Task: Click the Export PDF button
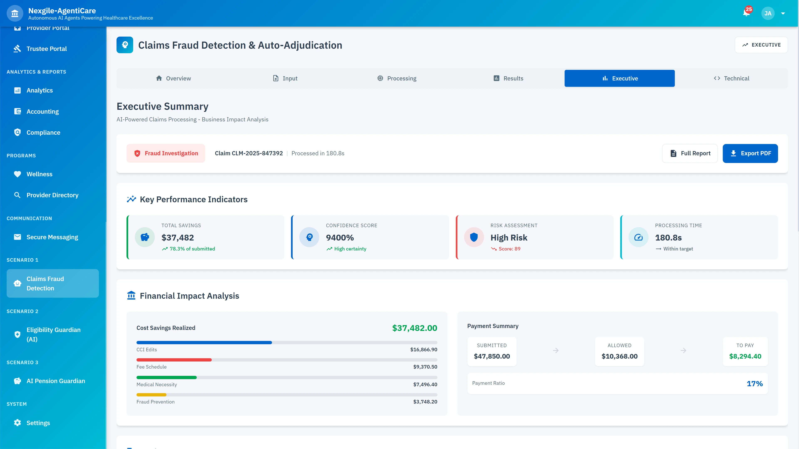click(750, 153)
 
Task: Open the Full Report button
click(690, 153)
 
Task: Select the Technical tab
click(731, 78)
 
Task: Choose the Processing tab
click(397, 78)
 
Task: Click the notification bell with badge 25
click(746, 13)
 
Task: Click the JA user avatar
click(768, 13)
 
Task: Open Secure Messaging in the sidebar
click(52, 237)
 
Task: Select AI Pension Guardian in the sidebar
click(56, 381)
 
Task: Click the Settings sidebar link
click(38, 423)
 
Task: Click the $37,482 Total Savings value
click(177, 238)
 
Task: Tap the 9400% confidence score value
click(340, 238)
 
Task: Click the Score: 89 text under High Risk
click(509, 249)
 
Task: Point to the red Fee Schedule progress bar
click(174, 360)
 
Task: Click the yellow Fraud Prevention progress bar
click(151, 395)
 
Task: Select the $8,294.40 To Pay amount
click(745, 356)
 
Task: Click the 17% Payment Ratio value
click(754, 384)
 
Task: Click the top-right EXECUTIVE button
click(761, 45)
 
